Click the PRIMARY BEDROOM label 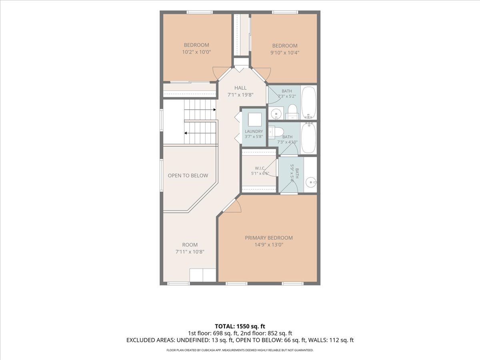(x=269, y=238)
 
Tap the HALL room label (x=240, y=88)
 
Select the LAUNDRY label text (x=254, y=131)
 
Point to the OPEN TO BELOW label (x=188, y=176)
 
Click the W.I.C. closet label (x=260, y=168)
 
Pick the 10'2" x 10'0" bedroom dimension (x=196, y=52)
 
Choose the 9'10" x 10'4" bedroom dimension (x=285, y=53)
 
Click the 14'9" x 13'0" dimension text (x=269, y=244)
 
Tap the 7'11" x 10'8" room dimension (x=190, y=252)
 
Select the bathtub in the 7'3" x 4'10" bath (x=308, y=138)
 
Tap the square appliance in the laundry (x=255, y=120)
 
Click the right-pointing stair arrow (x=200, y=110)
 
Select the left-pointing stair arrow (x=200, y=133)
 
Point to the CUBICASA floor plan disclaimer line (x=240, y=350)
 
